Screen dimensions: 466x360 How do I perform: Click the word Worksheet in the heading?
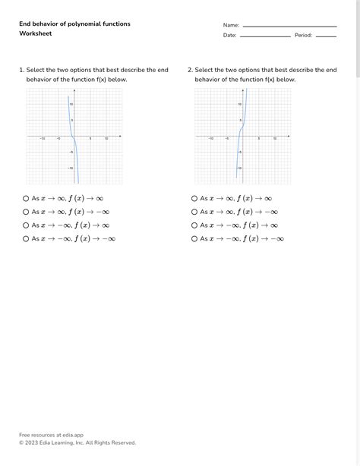35,33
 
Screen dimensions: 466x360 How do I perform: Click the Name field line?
289,27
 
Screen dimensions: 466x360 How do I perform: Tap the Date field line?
265,36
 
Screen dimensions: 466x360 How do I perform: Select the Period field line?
326,36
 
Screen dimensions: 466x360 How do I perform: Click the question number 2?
189,70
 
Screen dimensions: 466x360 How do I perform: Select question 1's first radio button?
26,198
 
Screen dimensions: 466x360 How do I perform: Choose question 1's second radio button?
26,212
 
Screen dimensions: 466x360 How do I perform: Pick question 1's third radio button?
26,225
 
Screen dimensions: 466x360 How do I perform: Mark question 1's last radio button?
26,239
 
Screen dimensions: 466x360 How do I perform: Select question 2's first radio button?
194,198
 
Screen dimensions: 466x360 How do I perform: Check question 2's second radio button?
194,212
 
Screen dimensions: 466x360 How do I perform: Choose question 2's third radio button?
194,225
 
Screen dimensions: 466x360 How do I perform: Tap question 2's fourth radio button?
194,239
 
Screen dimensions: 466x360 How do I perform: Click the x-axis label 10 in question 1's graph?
106,139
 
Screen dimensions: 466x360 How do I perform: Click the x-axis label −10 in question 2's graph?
210,139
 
